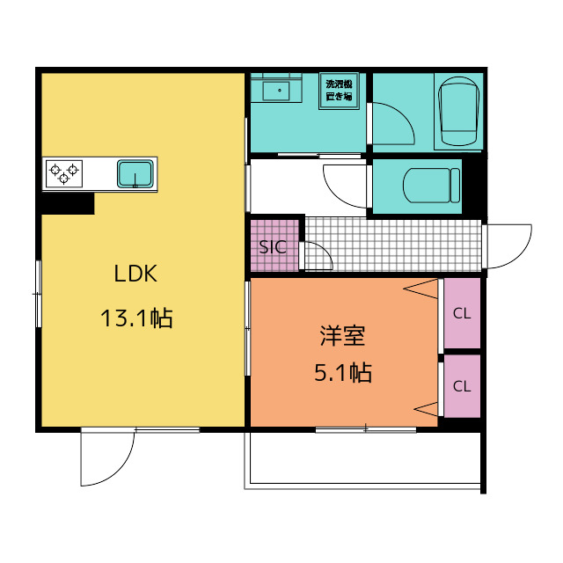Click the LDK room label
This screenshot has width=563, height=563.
135,274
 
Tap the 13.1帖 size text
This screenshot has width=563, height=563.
136,318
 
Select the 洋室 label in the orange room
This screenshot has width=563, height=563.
343,336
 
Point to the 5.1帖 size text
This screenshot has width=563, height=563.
343,372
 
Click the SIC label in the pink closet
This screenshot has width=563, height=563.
273,247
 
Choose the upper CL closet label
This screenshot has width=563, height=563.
462,313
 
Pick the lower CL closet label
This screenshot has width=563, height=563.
462,386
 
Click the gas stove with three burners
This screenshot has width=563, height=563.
64,174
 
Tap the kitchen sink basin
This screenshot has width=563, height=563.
135,174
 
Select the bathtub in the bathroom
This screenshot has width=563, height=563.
459,111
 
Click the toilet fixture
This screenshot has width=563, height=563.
431,186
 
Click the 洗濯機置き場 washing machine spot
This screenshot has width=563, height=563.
339,91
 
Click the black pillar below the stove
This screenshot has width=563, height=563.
69,203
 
